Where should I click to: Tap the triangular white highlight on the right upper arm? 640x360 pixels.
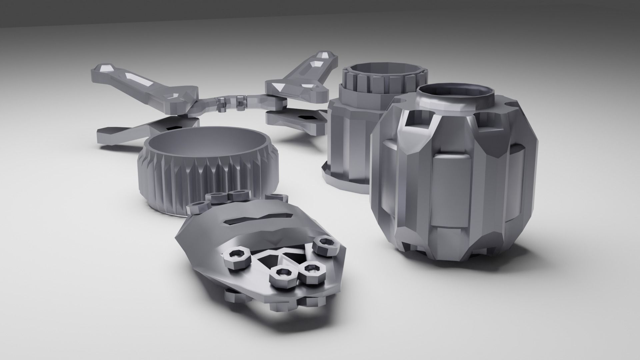coord(277,87)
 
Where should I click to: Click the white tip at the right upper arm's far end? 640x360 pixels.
coord(323,55)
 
